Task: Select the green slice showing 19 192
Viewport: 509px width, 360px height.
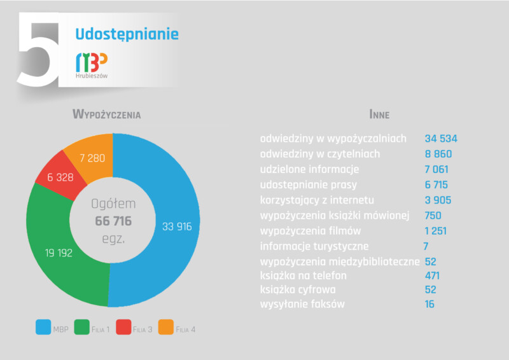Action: point(59,253)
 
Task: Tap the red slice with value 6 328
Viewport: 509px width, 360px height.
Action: point(60,177)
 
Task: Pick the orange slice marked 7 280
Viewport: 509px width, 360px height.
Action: point(92,158)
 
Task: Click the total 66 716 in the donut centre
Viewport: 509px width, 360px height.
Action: point(113,221)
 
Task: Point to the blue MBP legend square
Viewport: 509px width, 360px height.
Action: point(43,327)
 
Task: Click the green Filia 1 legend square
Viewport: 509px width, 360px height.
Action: point(82,327)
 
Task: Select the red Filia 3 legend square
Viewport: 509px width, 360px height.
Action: point(123,327)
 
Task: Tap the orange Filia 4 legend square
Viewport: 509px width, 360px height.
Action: point(166,327)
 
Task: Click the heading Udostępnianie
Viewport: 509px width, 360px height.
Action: point(127,34)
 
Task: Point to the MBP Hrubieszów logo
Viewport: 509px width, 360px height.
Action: point(92,66)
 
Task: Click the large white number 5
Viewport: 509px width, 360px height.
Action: point(38,50)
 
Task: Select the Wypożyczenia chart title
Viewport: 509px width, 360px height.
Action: point(107,114)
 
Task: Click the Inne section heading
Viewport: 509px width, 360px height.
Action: point(379,114)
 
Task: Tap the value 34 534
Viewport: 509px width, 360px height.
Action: point(441,139)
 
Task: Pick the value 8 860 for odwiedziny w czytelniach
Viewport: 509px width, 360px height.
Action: point(438,154)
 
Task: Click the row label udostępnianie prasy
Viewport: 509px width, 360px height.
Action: point(309,185)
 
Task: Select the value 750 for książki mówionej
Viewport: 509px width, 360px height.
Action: point(433,216)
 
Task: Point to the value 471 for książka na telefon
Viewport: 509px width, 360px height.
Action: point(433,276)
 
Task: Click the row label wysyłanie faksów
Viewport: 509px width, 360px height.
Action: point(302,304)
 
